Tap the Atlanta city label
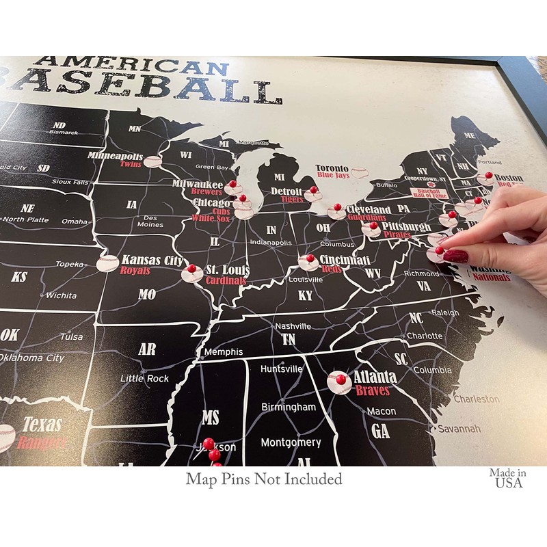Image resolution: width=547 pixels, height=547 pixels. (x=375, y=377)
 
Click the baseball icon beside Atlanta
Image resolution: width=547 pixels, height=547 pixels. (x=339, y=383)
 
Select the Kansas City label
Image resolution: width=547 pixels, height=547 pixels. (x=152, y=260)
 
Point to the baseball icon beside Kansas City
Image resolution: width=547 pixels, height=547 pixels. (x=108, y=263)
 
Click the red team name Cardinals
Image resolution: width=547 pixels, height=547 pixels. (x=228, y=280)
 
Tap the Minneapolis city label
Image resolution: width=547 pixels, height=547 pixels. (x=115, y=156)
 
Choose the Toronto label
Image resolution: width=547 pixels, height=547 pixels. (x=332, y=168)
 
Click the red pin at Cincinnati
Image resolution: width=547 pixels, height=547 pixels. (x=310, y=258)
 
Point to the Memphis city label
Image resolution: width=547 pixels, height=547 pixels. (x=223, y=351)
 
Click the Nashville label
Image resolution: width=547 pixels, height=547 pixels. (x=293, y=326)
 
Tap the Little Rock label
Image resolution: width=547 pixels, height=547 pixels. (x=144, y=378)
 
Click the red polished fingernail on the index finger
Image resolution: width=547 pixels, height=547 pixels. (x=456, y=256)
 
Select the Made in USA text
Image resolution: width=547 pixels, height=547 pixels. (x=507, y=477)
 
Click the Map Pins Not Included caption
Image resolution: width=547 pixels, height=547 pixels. (x=264, y=479)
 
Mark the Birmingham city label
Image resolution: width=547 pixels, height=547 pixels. (x=289, y=407)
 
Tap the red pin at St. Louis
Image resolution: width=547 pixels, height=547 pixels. (x=191, y=268)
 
